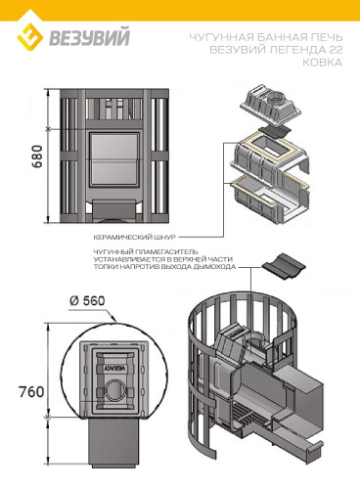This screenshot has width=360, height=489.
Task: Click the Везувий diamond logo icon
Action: click(30, 37)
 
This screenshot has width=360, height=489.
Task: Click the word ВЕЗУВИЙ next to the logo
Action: click(89, 38)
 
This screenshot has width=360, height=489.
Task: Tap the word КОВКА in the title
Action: click(323, 62)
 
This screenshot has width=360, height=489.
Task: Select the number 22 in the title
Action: click(334, 50)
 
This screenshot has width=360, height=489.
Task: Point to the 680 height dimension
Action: click(37, 156)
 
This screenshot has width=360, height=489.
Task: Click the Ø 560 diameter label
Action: click(87, 301)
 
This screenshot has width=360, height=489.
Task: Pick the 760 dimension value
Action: click(31, 391)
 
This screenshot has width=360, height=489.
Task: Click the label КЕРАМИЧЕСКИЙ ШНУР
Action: click(134, 237)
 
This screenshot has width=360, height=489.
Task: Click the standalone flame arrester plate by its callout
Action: click(283, 266)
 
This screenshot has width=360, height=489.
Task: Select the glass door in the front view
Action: click(114, 159)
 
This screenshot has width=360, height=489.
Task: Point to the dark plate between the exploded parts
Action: click(274, 131)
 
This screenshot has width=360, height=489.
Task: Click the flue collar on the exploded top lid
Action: click(277, 96)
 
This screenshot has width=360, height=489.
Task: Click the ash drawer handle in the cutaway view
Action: click(314, 447)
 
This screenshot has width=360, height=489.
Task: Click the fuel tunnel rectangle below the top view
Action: click(114, 441)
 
